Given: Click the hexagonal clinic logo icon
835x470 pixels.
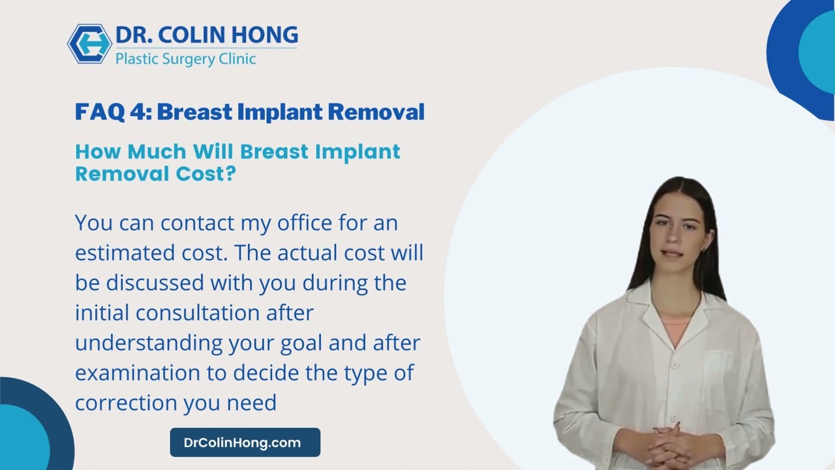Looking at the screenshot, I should [x=90, y=44].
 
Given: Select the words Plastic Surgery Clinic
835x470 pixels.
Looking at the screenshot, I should [x=185, y=59].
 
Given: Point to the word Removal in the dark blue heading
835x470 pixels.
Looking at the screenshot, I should [x=376, y=112].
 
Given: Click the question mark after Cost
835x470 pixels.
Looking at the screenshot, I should [x=229, y=174].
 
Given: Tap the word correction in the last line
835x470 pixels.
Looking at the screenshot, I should [x=126, y=403].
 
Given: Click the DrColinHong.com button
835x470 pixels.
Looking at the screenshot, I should [x=245, y=443].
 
